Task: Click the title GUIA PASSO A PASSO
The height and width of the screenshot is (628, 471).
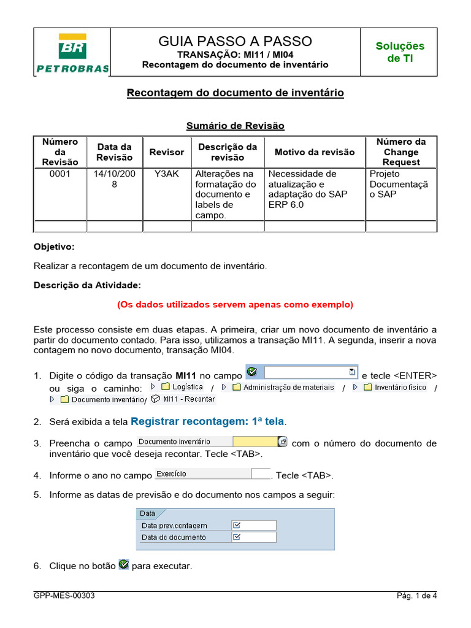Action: (235, 41)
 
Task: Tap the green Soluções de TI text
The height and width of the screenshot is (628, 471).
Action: (399, 52)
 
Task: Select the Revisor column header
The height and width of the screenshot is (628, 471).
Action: (167, 152)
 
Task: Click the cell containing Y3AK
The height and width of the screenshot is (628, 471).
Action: (167, 174)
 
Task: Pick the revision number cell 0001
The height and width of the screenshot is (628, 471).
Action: (60, 174)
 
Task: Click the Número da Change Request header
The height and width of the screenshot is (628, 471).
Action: (400, 152)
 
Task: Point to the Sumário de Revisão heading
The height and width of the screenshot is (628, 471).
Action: (235, 126)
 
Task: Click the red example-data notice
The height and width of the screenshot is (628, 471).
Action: (235, 304)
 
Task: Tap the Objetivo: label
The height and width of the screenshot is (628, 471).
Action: (54, 247)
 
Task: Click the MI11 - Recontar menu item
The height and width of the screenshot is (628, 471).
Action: (183, 399)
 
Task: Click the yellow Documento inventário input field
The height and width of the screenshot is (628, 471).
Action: (255, 442)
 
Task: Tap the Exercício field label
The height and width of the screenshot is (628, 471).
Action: (172, 474)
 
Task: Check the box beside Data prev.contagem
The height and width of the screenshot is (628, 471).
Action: (237, 525)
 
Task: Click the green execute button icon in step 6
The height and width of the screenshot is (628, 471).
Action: (123, 564)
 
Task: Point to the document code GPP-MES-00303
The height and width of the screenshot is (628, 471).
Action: (64, 595)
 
